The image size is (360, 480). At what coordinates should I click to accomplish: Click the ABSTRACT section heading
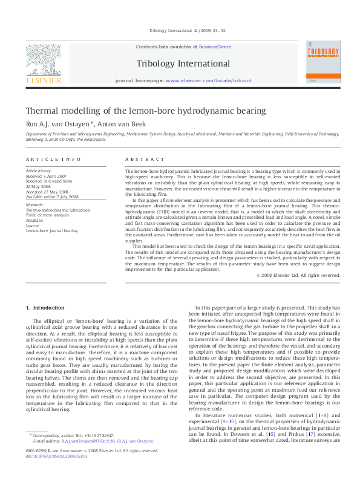[145, 159]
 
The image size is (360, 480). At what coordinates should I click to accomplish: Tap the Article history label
[39, 172]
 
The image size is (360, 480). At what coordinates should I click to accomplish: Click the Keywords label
[35, 205]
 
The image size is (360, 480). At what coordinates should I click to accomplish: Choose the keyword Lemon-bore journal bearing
[51, 230]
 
